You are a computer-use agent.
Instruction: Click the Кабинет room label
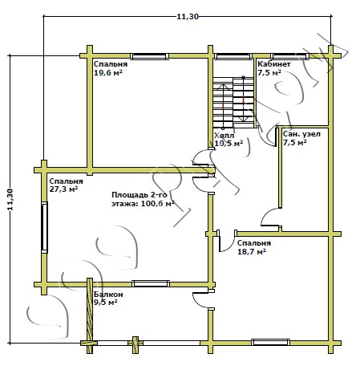(274, 64)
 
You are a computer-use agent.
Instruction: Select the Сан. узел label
(301, 134)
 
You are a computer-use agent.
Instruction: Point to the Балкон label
(108, 295)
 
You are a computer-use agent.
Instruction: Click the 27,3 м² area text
(63, 189)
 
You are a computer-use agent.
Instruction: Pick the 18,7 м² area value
(252, 252)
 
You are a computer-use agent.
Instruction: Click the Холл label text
(224, 136)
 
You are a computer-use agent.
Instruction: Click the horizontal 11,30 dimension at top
(188, 17)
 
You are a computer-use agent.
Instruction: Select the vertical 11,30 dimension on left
(10, 199)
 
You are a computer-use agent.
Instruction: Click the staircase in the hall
(233, 103)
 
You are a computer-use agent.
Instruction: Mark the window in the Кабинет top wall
(289, 56)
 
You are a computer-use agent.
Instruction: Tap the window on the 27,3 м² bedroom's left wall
(44, 227)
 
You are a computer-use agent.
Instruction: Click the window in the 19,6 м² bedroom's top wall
(149, 56)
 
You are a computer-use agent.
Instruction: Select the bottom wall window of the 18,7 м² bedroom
(270, 342)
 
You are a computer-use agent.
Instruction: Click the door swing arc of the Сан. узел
(266, 213)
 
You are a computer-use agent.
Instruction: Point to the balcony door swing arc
(198, 302)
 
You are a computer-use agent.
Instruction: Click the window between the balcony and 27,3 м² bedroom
(151, 283)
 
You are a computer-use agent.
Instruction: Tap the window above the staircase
(233, 56)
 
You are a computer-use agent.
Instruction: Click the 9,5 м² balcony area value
(106, 303)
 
